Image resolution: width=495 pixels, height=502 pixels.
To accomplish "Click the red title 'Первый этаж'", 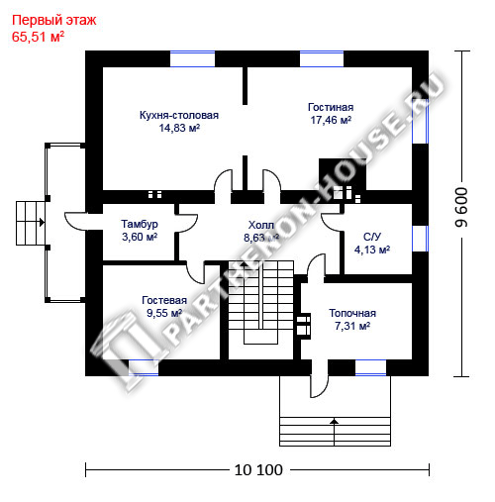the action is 53,21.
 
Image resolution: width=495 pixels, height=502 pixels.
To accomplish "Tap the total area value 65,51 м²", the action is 38,37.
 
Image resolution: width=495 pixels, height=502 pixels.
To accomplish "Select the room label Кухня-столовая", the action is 179,115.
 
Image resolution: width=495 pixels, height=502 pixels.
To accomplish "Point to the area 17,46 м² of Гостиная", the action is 331,120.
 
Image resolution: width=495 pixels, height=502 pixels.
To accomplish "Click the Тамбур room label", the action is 140,224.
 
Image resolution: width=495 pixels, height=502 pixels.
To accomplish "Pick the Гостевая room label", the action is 164,300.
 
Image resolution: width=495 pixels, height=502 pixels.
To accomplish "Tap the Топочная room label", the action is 352,313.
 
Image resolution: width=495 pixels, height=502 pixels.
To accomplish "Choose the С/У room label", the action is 372,237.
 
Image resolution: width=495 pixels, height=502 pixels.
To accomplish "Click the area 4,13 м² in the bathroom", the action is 372,250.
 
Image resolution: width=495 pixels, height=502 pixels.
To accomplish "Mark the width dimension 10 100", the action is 258,470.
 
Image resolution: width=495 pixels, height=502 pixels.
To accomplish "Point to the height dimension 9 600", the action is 461,207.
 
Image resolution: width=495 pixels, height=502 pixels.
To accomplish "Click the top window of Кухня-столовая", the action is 192,59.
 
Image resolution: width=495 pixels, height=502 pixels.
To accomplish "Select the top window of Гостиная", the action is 322,59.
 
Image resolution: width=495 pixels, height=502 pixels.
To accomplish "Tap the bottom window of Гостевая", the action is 144,367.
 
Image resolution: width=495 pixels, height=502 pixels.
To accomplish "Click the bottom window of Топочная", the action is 370,367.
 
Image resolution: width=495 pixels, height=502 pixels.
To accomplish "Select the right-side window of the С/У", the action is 421,239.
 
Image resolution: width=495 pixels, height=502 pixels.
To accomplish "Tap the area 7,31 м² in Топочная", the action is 352,326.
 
